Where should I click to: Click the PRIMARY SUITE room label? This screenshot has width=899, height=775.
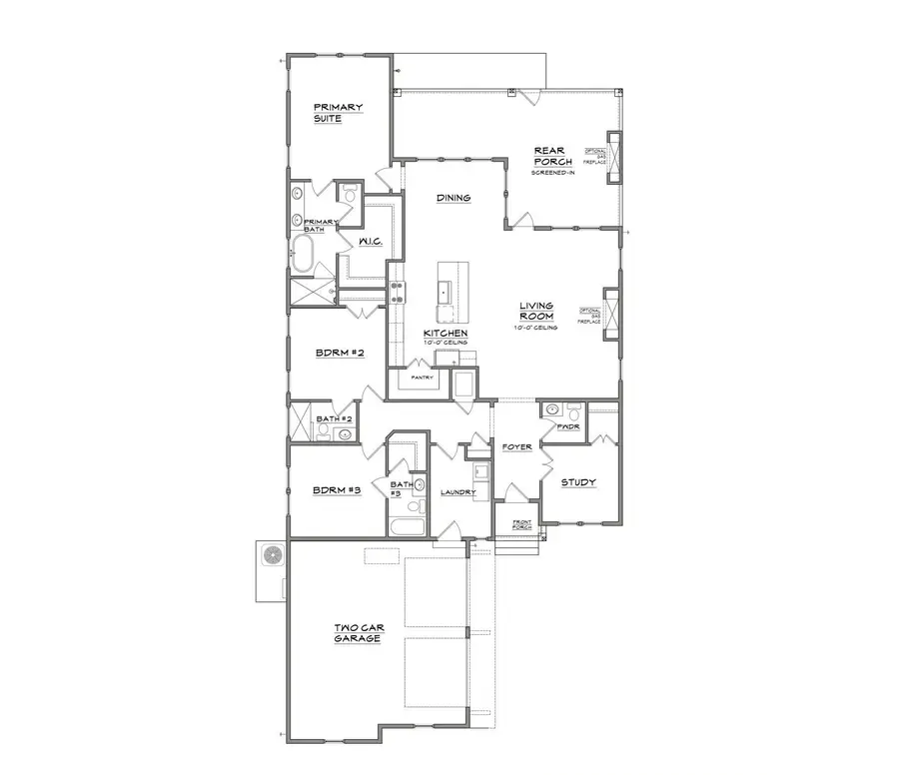[338, 112]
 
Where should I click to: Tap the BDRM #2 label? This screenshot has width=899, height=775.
[333, 354]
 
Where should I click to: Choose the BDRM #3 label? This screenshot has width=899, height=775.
[336, 490]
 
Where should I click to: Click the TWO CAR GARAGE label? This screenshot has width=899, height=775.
[357, 633]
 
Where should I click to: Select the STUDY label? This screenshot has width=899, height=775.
[577, 482]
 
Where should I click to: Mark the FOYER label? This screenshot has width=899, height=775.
[516, 446]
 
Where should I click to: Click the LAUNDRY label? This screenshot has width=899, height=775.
[457, 492]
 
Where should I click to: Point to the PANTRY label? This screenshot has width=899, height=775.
[421, 378]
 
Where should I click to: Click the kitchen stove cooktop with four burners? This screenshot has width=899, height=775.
[398, 293]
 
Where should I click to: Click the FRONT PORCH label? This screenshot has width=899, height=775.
[521, 525]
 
